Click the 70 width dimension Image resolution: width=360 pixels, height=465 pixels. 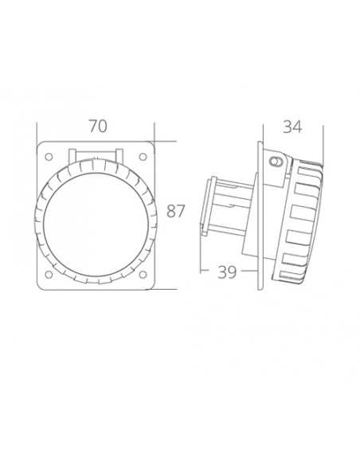click(x=98, y=126)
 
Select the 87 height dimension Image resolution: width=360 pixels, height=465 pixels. click(x=176, y=212)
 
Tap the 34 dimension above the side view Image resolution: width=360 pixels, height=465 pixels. click(x=292, y=126)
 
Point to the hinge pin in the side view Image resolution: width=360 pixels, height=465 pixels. click(x=276, y=162)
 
